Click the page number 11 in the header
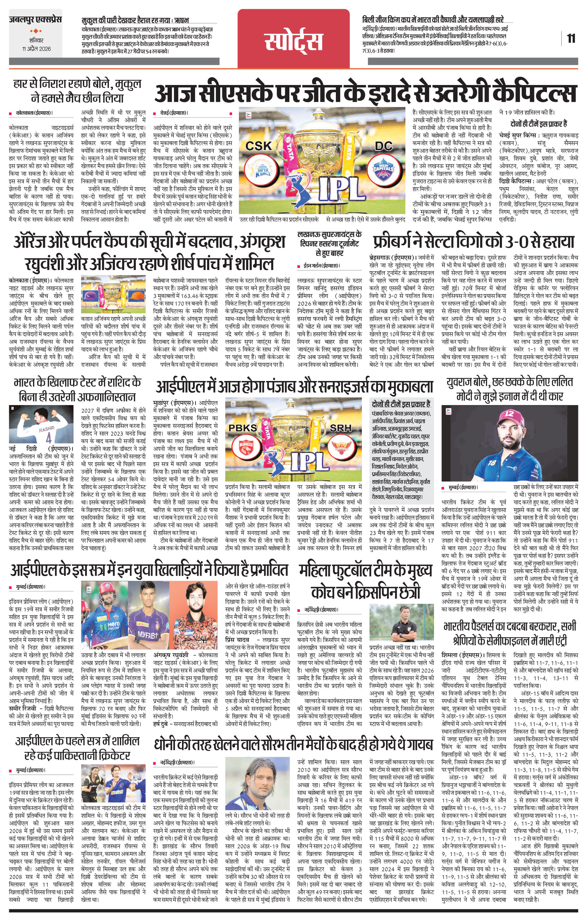[x=571, y=39]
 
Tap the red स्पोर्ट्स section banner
[x=294, y=40]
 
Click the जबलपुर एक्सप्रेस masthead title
[x=35, y=20]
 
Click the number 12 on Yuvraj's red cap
[x=509, y=413]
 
